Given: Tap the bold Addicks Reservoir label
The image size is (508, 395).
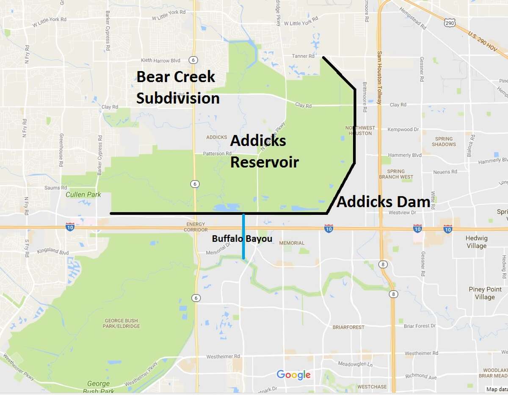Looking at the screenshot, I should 264,152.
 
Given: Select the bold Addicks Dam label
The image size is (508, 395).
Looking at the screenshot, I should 383,202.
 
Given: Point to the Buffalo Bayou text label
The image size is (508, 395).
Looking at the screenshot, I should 242,239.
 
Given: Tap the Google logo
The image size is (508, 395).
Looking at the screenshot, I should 293,375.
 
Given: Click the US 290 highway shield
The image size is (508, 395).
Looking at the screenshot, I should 450,24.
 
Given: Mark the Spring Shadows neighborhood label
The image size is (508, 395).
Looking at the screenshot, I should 443,141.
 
